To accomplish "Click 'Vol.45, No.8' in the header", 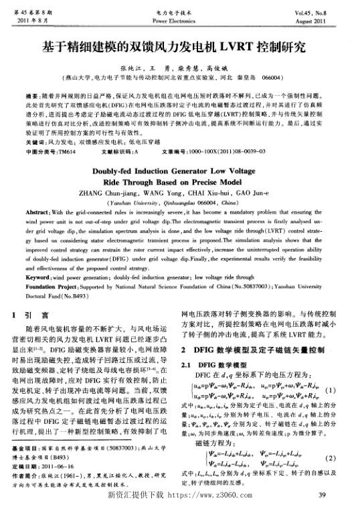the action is [325, 11].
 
